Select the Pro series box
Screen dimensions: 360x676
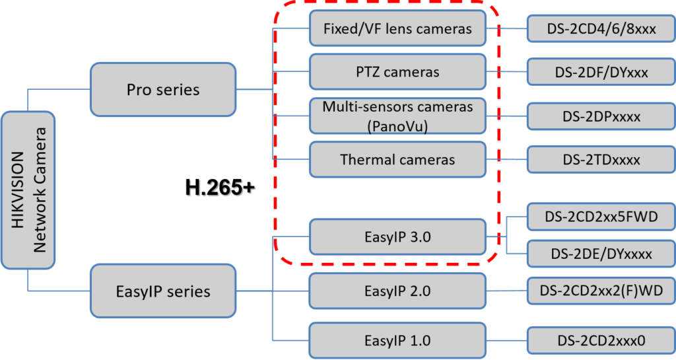[x=163, y=89]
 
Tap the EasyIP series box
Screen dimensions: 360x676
[x=163, y=291]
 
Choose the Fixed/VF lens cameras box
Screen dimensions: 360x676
[x=397, y=29]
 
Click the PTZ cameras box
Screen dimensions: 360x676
[x=397, y=71]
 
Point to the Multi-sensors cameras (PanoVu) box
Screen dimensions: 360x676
[x=397, y=116]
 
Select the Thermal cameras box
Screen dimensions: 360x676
[x=397, y=159]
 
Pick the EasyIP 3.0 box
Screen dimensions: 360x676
[x=397, y=236]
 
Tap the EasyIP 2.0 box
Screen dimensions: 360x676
[x=397, y=291]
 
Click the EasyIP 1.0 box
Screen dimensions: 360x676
[x=397, y=341]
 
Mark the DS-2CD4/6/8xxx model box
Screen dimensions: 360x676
[x=601, y=29]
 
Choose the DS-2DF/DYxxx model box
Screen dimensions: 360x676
[x=601, y=71]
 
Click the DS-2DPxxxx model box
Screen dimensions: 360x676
[x=601, y=116]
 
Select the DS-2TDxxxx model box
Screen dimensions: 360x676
[x=601, y=159]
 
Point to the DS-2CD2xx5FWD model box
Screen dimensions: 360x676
[x=601, y=216]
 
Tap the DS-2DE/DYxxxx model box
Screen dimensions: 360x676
[x=601, y=254]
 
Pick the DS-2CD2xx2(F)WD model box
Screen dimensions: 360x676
[x=601, y=291]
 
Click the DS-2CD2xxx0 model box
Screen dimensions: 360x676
[x=601, y=341]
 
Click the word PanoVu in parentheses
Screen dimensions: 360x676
[x=397, y=127]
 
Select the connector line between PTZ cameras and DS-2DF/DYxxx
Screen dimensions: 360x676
[x=507, y=71]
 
